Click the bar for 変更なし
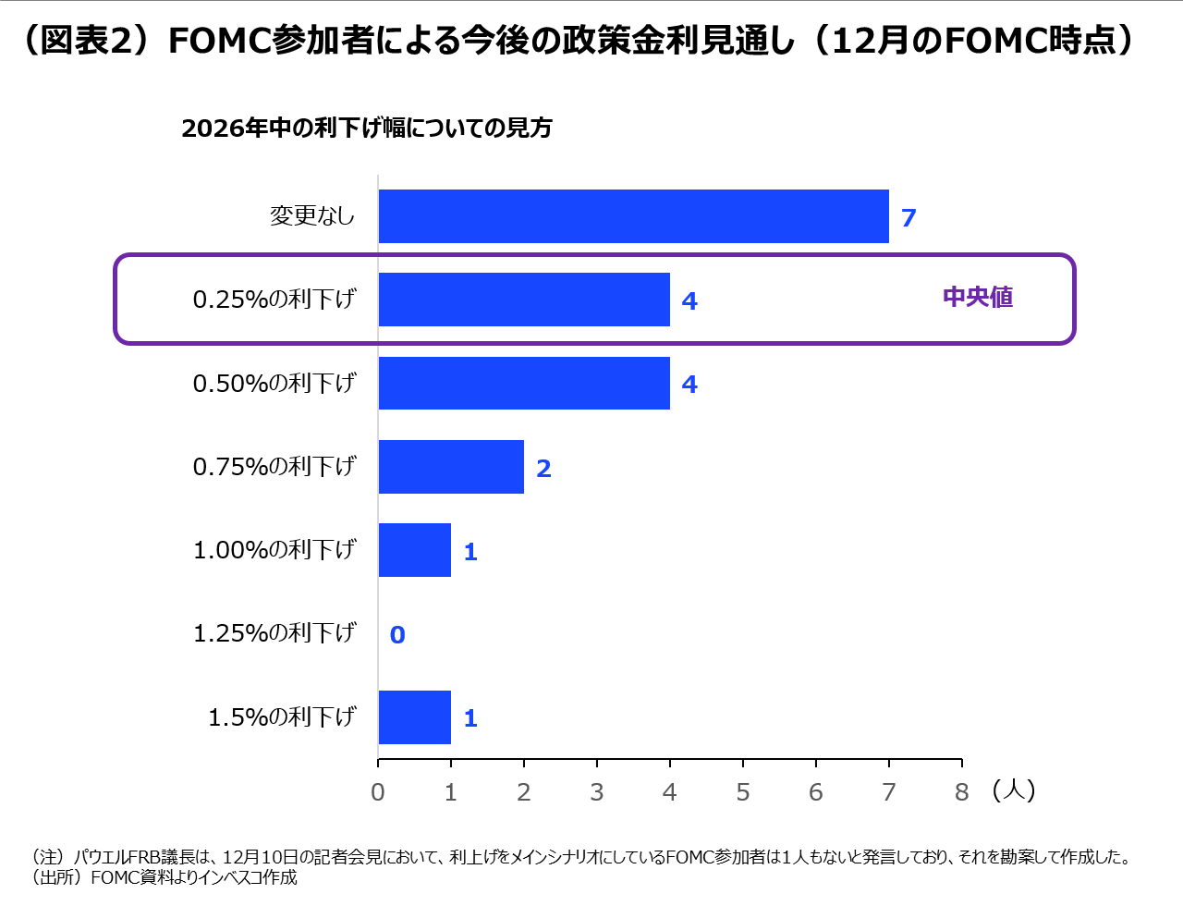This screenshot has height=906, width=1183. [x=633, y=216]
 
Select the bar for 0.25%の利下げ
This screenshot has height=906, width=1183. [x=524, y=300]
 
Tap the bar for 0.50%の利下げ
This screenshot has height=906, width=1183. [x=524, y=383]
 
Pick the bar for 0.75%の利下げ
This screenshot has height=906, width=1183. [x=451, y=467]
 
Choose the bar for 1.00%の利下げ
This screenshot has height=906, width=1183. [x=415, y=550]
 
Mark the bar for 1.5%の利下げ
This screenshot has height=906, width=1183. [x=415, y=717]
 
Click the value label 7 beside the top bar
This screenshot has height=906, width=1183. [x=909, y=218]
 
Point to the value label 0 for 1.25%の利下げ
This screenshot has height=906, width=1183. [x=397, y=635]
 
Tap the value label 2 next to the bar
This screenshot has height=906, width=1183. [x=543, y=469]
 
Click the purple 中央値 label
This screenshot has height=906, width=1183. [x=978, y=298]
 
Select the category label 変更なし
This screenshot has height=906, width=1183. [x=312, y=216]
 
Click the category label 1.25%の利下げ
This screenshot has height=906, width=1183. [x=274, y=633]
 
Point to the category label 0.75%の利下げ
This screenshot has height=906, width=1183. [x=274, y=467]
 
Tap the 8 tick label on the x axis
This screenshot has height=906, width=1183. [x=961, y=792]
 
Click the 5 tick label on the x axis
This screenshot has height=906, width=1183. [x=742, y=792]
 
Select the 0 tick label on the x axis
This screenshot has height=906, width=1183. [x=378, y=792]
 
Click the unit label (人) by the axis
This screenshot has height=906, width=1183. [x=1014, y=790]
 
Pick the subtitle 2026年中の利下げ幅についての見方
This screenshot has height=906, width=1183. [x=367, y=128]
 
